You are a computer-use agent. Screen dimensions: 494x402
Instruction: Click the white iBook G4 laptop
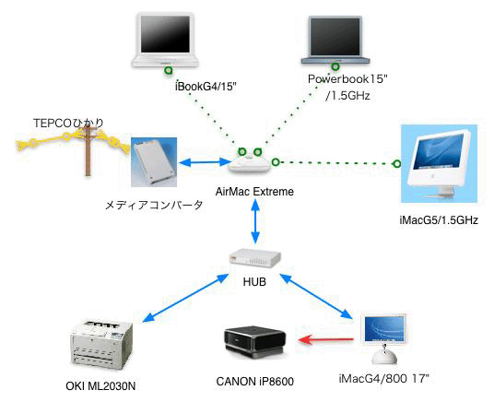(165, 40)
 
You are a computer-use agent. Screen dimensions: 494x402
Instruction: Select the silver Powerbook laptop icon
(335, 40)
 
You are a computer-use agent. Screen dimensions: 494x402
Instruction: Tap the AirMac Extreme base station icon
(249, 164)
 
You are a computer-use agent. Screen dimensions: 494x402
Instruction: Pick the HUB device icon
(254, 258)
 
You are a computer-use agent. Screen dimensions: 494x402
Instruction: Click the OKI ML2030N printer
(100, 345)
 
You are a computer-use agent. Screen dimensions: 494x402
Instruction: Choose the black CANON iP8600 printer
(254, 343)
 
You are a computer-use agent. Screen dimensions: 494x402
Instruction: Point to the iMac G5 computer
(440, 163)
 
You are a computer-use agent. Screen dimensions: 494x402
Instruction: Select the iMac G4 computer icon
(384, 339)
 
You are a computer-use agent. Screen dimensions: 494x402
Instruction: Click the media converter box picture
(154, 162)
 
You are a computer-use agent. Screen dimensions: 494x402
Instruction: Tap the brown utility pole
(88, 150)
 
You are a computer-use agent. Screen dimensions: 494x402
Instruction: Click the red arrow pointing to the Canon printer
(325, 340)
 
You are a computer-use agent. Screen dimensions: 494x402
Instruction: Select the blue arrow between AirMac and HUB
(255, 221)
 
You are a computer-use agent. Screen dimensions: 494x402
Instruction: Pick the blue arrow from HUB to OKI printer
(185, 298)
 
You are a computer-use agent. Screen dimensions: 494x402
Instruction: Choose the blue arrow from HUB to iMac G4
(316, 297)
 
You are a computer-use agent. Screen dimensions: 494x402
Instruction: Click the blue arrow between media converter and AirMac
(205, 162)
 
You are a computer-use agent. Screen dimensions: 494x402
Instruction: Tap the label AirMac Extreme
(254, 192)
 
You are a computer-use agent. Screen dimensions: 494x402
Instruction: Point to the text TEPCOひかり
(68, 123)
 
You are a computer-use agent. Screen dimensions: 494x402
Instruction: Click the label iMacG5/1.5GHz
(439, 219)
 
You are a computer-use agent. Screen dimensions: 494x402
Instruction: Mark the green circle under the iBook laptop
(169, 70)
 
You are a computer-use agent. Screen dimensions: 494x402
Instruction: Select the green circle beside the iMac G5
(397, 163)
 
